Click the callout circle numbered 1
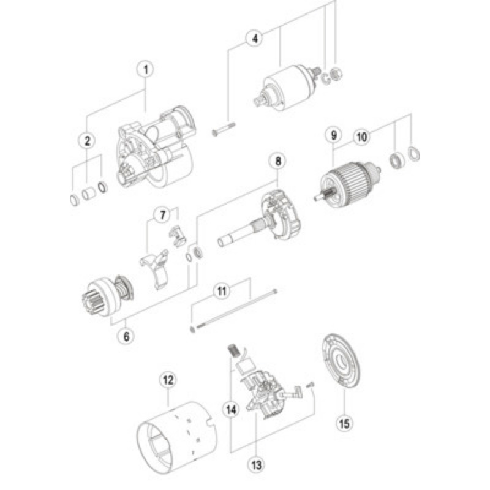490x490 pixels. [x=146, y=69]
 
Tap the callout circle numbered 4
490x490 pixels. [x=255, y=39]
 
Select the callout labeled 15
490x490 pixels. [x=344, y=423]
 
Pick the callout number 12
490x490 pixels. [x=168, y=380]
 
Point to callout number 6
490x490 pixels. [x=126, y=336]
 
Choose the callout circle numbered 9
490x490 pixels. [x=334, y=135]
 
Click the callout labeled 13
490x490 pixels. [x=256, y=465]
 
